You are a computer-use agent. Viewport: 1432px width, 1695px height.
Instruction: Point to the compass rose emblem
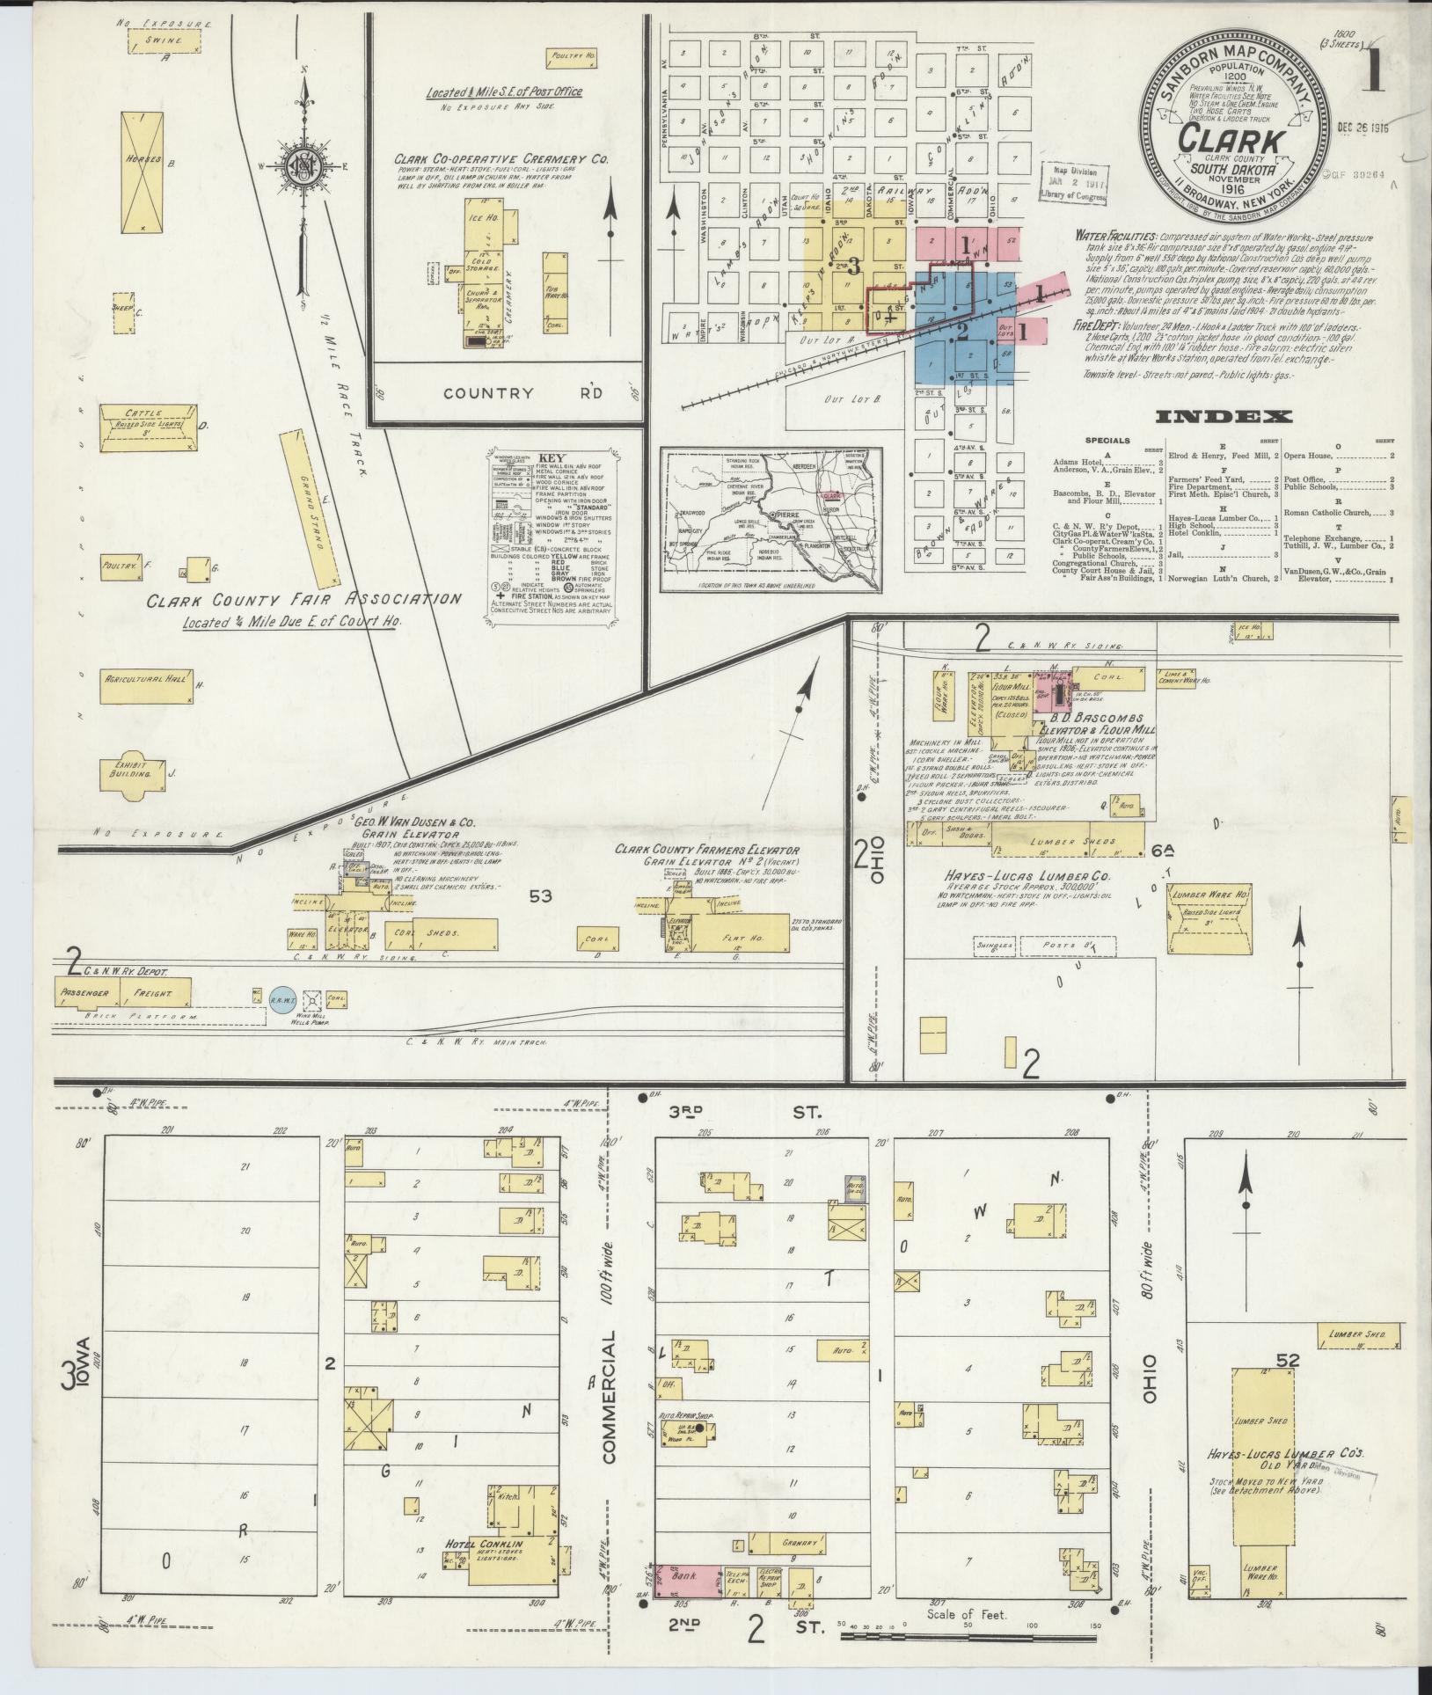click(x=304, y=170)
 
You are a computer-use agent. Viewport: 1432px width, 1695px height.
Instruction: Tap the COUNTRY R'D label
click(x=522, y=393)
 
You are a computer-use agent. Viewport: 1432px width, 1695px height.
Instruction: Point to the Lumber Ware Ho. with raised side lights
click(x=1209, y=919)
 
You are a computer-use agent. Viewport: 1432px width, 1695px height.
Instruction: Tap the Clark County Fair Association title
click(x=303, y=600)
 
